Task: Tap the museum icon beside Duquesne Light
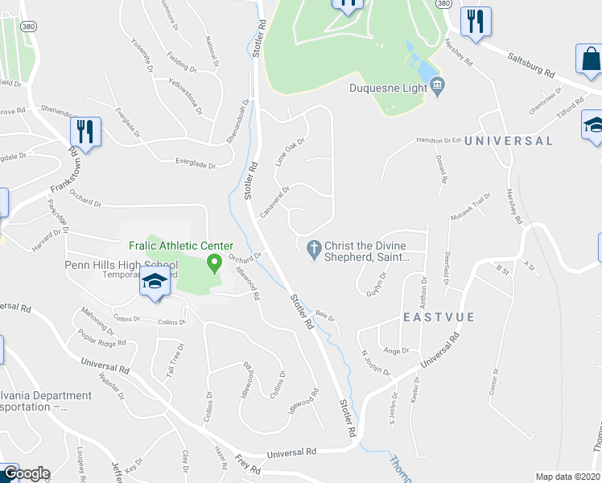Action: click(x=437, y=85)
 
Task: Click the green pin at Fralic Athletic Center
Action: click(x=215, y=262)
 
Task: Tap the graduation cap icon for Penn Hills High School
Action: click(x=153, y=283)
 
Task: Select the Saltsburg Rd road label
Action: click(x=530, y=64)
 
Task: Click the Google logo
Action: click(x=27, y=474)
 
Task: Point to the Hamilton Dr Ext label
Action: click(x=439, y=140)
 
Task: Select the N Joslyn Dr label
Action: click(x=376, y=362)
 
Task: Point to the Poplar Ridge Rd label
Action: click(x=102, y=336)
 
